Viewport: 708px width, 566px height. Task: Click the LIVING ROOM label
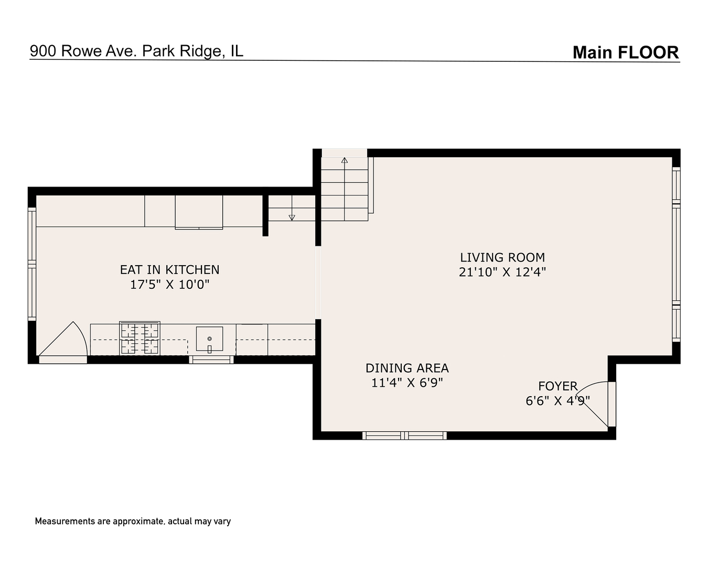[x=502, y=257]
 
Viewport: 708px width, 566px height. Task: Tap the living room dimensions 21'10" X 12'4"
[x=502, y=272]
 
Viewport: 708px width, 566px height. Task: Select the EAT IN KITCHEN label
[x=169, y=269]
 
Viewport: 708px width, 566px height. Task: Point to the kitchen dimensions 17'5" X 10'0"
[x=169, y=285]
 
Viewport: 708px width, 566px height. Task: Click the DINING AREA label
[x=407, y=368]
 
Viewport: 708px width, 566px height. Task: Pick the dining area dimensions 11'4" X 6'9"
[x=407, y=383]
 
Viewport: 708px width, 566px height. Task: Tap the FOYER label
[x=557, y=386]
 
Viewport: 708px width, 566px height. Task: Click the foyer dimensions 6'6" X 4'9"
[x=557, y=400]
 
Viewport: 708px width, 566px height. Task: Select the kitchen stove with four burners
[x=140, y=338]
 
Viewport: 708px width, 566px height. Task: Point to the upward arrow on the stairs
[x=345, y=160]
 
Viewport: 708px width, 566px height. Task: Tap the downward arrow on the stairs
[x=292, y=217]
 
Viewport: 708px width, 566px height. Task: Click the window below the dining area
[x=404, y=435]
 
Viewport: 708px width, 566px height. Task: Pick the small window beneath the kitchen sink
[x=211, y=360]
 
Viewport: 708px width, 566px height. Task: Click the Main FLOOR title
[x=625, y=52]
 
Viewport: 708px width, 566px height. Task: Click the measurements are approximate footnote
[x=133, y=521]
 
